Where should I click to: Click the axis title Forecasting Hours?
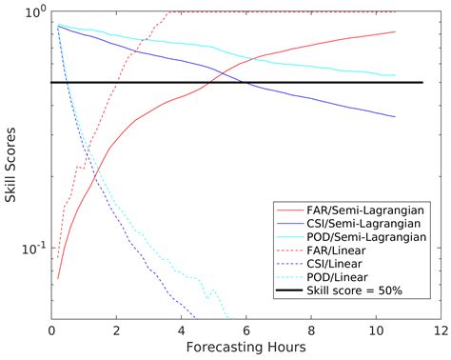[244, 348]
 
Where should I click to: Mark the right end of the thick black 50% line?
[422, 83]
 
